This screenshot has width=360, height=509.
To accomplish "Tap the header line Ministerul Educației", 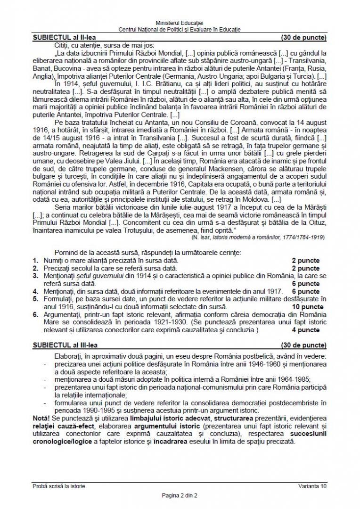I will pos(180,23).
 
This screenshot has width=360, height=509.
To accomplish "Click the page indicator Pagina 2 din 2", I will pos(180,495).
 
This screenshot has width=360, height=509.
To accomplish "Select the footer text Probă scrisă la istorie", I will pos(59,485).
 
